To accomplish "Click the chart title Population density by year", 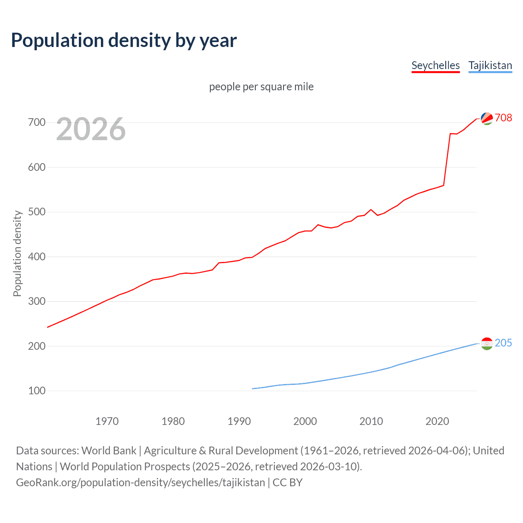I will pyautogui.click(x=124, y=40).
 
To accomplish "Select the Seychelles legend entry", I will pyautogui.click(x=436, y=65).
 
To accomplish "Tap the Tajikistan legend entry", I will pyautogui.click(x=490, y=65).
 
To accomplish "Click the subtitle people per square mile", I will pyautogui.click(x=261, y=87).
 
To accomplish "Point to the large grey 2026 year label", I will pyautogui.click(x=91, y=129).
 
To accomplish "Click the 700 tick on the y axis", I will pyautogui.click(x=37, y=123).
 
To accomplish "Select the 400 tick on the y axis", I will pyautogui.click(x=37, y=257).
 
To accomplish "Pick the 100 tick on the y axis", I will pyautogui.click(x=37, y=391).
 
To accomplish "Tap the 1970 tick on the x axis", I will pyautogui.click(x=107, y=421).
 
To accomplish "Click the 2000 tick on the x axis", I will pyautogui.click(x=305, y=421).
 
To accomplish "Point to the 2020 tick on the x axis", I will pyautogui.click(x=437, y=421).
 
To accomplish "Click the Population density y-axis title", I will pyautogui.click(x=17, y=253).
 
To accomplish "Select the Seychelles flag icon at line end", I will pyautogui.click(x=487, y=118).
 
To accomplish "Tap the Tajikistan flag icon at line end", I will pyautogui.click(x=487, y=344).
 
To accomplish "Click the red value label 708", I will pyautogui.click(x=503, y=118).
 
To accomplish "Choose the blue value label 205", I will pyautogui.click(x=503, y=343).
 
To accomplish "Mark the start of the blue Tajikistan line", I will pyautogui.click(x=253, y=389).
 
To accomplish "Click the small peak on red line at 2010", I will pyautogui.click(x=371, y=210).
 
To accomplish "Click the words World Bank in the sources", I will pyautogui.click(x=109, y=451).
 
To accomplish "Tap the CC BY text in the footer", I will pyautogui.click(x=288, y=483).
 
